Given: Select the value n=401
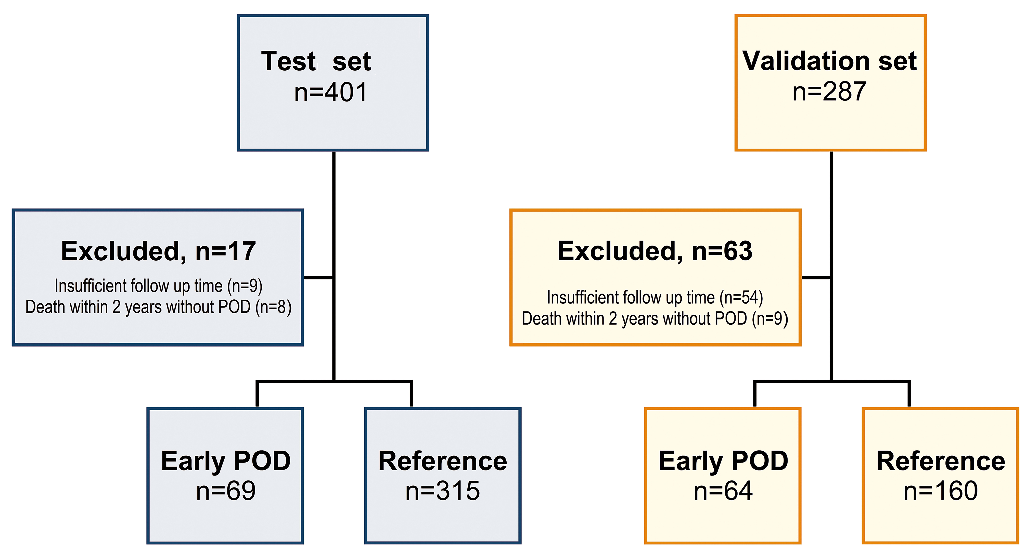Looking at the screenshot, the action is (x=331, y=92).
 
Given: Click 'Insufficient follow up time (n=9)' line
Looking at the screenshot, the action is (x=159, y=286).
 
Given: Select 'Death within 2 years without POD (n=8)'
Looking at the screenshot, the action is (x=159, y=307).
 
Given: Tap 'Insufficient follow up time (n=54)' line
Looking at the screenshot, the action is (x=655, y=297).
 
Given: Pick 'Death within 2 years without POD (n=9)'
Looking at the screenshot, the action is (x=655, y=319).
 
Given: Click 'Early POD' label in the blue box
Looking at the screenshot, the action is (x=226, y=461).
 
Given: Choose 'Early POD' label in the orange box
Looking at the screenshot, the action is (x=723, y=461).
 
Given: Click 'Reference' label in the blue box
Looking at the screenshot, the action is (x=443, y=461).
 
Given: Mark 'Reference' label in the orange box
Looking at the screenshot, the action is (x=941, y=461).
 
